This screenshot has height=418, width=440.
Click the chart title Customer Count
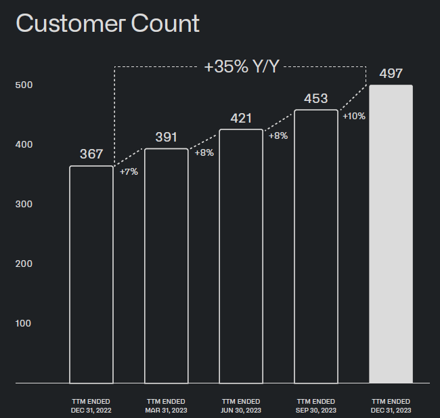tap(108, 24)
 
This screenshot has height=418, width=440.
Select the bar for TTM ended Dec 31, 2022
tap(70, 274)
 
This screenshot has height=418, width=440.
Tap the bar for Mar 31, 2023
tap(144, 266)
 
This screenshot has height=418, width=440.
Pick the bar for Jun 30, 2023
tap(219, 256)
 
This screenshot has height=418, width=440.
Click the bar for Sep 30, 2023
tap(294, 247)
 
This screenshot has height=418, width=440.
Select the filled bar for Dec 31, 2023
tap(391, 234)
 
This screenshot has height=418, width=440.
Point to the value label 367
tap(91, 154)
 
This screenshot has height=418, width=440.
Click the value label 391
tap(166, 137)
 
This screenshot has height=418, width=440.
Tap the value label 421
tap(241, 118)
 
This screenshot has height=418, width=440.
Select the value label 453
tap(316, 99)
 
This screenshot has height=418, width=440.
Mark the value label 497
tap(391, 74)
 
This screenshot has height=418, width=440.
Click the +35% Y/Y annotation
tap(242, 67)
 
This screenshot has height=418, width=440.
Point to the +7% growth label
tap(129, 171)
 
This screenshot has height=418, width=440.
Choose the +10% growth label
tap(354, 116)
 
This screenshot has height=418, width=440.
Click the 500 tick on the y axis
tap(24, 85)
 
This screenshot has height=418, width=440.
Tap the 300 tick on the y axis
tap(24, 204)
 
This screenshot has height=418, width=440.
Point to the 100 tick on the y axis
tap(23, 323)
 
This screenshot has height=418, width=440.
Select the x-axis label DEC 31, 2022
tap(91, 411)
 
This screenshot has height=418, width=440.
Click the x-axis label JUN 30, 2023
tap(241, 411)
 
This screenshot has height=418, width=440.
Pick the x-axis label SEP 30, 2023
tap(316, 411)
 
